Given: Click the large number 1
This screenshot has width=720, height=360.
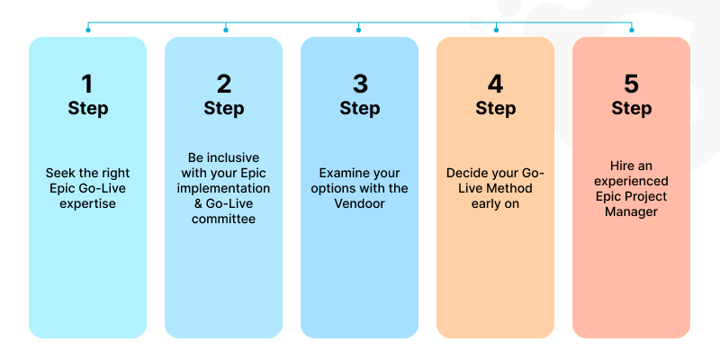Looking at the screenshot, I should click(x=87, y=85).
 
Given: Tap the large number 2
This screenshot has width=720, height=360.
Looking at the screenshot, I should click(x=223, y=85).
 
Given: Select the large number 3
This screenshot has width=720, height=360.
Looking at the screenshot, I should click(x=359, y=85).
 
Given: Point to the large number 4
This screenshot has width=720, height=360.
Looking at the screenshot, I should click(x=495, y=85).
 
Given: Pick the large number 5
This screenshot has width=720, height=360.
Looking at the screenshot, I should click(x=631, y=85).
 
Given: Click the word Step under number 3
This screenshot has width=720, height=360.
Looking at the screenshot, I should click(x=359, y=109).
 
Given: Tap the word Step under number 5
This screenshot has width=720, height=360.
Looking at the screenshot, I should click(x=631, y=109).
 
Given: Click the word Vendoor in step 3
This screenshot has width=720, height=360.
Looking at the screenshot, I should click(x=359, y=203).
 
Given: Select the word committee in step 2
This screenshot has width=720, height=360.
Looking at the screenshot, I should click(x=223, y=219).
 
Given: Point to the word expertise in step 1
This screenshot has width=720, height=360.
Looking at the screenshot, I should click(x=87, y=203).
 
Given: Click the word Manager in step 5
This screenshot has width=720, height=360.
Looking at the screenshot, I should click(x=631, y=211).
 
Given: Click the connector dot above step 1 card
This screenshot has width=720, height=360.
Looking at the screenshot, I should click(x=87, y=30).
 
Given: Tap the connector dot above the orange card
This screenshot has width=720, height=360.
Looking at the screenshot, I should click(x=495, y=30).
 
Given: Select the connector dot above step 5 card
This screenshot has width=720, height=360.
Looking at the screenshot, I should click(x=631, y=30).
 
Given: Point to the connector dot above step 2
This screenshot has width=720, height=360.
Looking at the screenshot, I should click(x=225, y=30).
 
